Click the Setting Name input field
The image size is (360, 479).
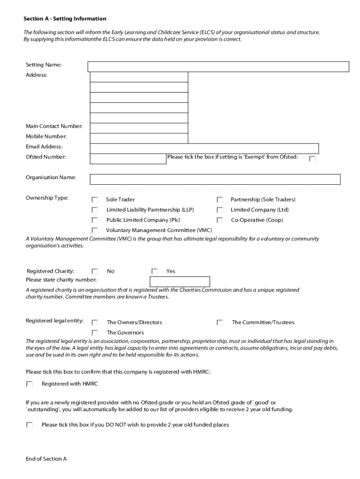pyautogui.click(x=218, y=66)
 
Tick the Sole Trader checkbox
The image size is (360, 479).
pyautogui.click(x=95, y=200)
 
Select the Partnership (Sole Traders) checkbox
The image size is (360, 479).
pyautogui.click(x=219, y=200)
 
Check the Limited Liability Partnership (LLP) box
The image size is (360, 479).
pyautogui.click(x=95, y=210)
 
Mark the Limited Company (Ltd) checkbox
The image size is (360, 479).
pyautogui.click(x=219, y=210)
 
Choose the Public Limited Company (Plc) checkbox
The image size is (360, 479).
pyautogui.click(x=95, y=220)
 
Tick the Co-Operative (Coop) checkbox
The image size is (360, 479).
pyautogui.click(x=219, y=220)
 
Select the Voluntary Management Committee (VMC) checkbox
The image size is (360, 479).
pyautogui.click(x=95, y=231)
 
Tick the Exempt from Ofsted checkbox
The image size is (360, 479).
pyautogui.click(x=312, y=159)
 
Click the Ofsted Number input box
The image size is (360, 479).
pyautogui.click(x=128, y=159)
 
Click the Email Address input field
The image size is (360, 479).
pyautogui.click(x=204, y=148)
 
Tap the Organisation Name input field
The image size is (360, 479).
pyautogui.click(x=215, y=179)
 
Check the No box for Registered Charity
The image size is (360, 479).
pyautogui.click(x=95, y=271)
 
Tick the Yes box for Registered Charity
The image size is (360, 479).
pyautogui.click(x=155, y=271)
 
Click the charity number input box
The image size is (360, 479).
pyautogui.click(x=180, y=282)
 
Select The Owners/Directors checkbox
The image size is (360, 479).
pyautogui.click(x=95, y=322)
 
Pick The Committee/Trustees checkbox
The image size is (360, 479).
pyautogui.click(x=219, y=322)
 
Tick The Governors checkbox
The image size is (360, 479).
pyautogui.click(x=95, y=333)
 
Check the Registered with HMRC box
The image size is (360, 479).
pyautogui.click(x=29, y=384)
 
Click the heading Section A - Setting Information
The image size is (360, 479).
pyautogui.click(x=65, y=19)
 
